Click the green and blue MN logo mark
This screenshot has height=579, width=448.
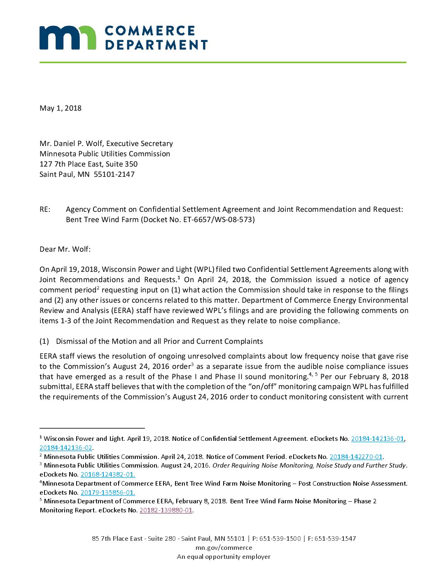68,38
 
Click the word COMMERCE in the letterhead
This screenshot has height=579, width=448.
150,31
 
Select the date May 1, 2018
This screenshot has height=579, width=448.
61,108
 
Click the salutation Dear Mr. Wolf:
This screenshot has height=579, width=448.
65,249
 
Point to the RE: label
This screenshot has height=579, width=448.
45,209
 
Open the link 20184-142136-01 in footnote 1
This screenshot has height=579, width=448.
377,439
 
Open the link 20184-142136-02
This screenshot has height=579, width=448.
66,448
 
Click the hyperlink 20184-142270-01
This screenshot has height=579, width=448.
356,457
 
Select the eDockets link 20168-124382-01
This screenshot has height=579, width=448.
107,475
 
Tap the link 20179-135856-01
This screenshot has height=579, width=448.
107,493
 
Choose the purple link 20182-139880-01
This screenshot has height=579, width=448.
166,510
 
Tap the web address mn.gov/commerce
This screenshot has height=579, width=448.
224,548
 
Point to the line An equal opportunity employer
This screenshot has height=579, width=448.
224,557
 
